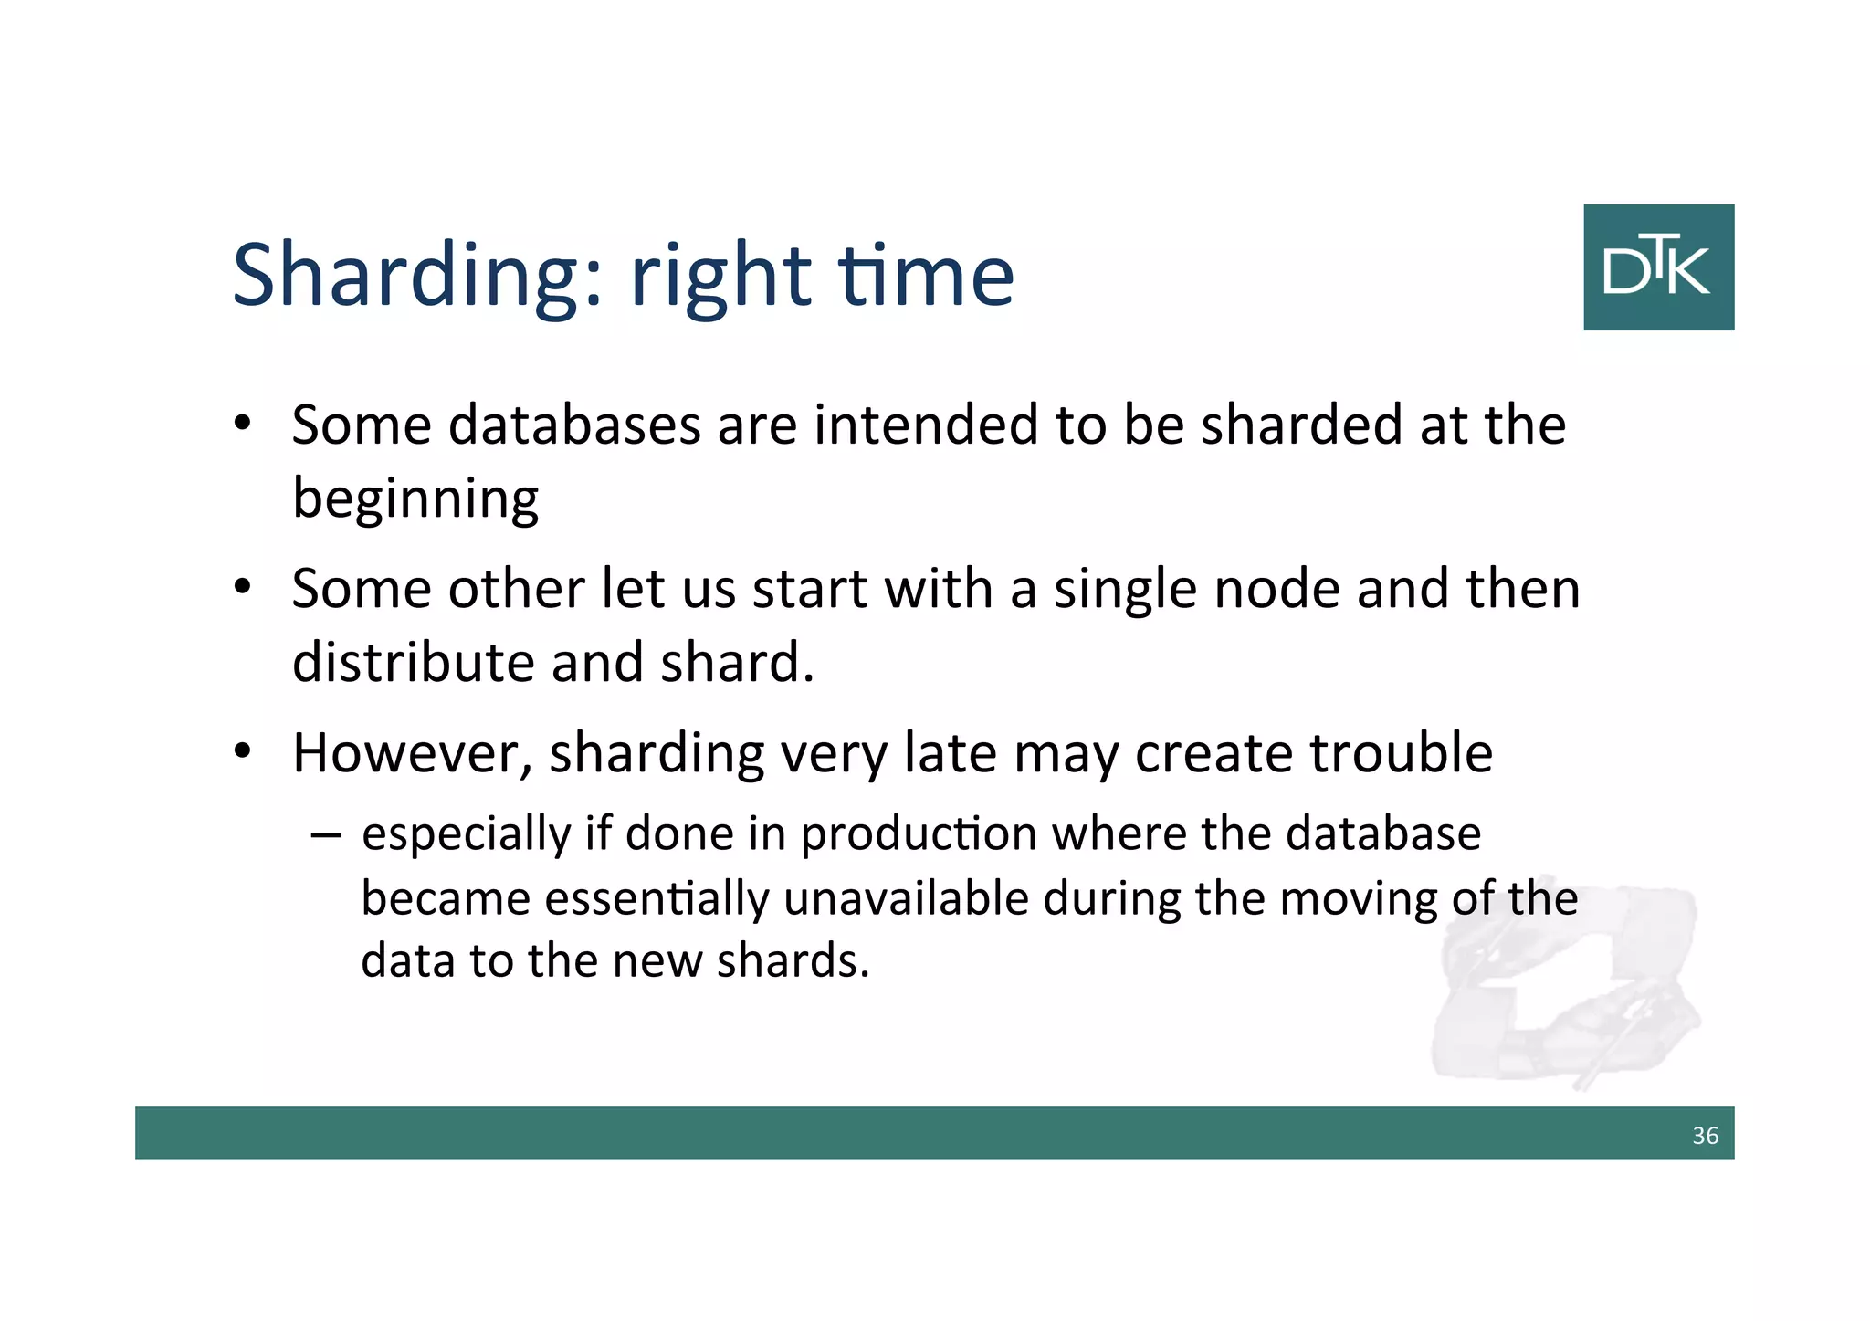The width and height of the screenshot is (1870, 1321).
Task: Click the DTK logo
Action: tap(1658, 267)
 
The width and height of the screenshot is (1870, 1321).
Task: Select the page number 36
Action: tap(1705, 1136)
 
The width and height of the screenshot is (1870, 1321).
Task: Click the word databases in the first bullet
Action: tap(574, 425)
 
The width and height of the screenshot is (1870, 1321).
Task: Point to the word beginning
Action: tap(415, 500)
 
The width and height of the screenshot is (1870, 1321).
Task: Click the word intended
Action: tap(926, 425)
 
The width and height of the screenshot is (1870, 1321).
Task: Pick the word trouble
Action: tap(1401, 753)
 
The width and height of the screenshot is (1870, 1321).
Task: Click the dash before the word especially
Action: tap(325, 834)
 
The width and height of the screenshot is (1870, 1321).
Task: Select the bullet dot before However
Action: tap(242, 751)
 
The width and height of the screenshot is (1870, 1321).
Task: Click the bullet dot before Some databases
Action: tap(242, 424)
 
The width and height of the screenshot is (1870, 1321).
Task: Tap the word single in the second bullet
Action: tap(1125, 591)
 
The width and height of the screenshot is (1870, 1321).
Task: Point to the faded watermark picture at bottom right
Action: tap(1566, 986)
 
